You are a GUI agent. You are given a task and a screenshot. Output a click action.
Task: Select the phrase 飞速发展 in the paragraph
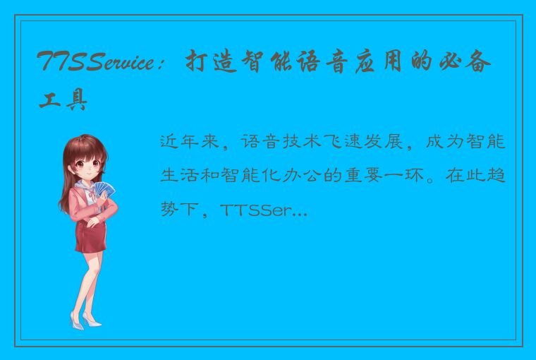359,142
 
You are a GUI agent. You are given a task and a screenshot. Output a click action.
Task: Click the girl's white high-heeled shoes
85,321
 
